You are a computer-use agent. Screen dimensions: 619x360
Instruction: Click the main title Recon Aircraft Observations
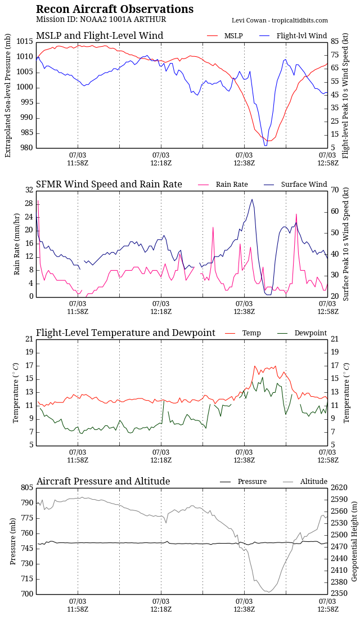115,9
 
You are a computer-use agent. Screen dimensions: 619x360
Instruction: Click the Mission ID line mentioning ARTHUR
101,20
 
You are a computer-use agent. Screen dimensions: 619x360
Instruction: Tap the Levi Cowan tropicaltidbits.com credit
280,20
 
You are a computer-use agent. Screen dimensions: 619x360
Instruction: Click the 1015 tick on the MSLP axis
24,42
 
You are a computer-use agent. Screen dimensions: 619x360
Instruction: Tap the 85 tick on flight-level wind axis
335,42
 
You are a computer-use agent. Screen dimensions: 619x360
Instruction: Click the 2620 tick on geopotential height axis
339,487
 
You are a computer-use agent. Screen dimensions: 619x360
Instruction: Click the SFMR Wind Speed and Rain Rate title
109,185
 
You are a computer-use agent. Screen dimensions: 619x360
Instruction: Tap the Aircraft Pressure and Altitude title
103,482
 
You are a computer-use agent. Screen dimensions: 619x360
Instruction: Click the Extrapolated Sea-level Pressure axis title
8,95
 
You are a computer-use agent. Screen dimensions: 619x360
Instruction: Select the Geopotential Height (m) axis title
354,541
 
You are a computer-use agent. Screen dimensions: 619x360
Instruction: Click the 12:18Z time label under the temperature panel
161,460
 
